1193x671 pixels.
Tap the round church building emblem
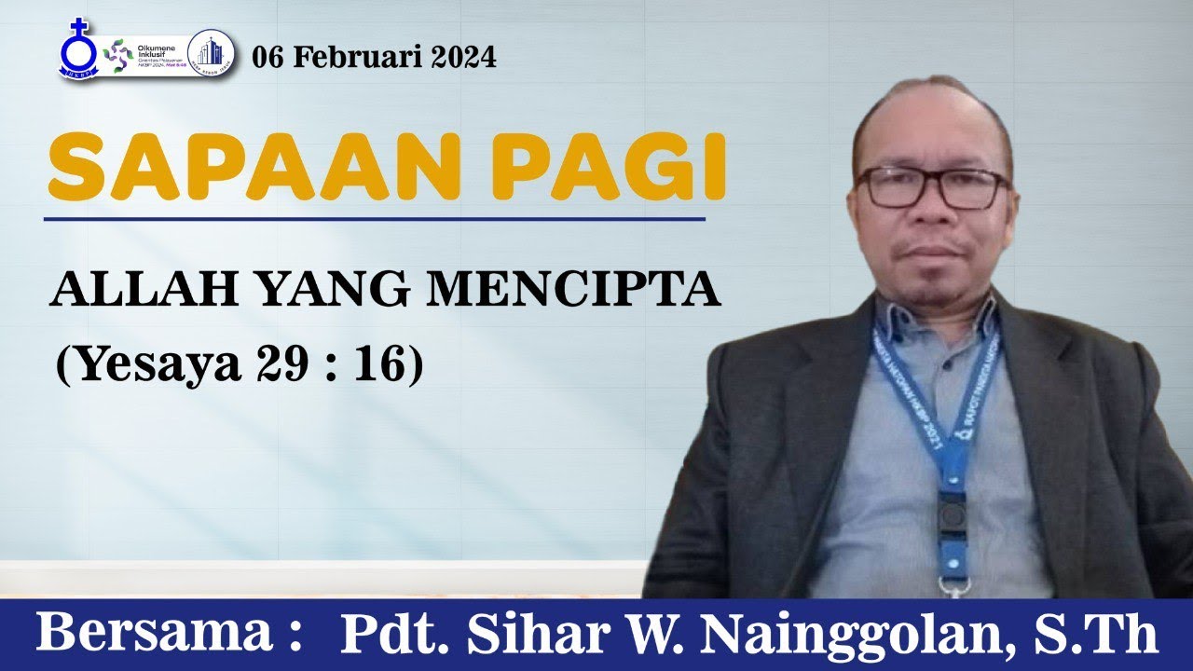click(210, 52)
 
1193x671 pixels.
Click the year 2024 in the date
click(463, 58)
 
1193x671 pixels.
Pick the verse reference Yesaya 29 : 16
click(240, 364)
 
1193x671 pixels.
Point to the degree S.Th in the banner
click(1115, 635)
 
